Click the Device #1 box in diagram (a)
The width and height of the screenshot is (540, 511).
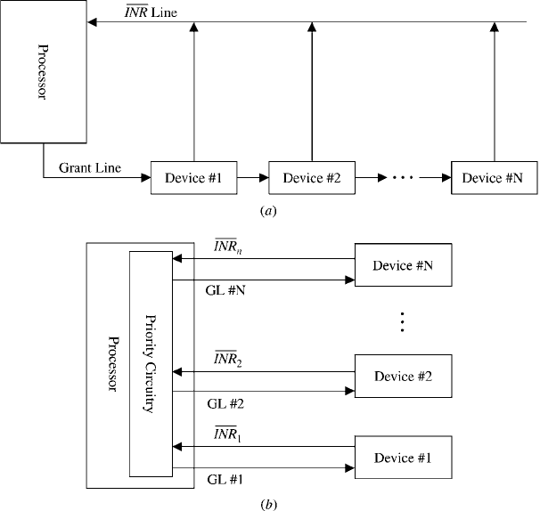194,178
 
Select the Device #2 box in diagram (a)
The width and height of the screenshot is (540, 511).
312,178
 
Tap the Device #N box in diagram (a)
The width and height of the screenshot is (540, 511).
495,178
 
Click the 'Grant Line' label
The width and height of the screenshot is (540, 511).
90,168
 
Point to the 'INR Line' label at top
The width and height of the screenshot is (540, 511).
151,12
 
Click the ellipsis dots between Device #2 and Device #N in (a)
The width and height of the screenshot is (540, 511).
403,178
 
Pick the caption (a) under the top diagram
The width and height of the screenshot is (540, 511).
268,211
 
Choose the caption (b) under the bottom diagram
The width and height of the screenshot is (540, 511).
268,505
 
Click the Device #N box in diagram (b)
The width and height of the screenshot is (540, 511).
404,265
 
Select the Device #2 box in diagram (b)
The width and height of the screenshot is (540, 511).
404,376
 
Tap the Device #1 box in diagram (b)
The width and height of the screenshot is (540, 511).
404,458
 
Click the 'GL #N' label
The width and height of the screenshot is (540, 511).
225,291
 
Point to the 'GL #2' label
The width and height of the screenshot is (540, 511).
225,404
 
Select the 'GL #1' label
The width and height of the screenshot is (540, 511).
225,479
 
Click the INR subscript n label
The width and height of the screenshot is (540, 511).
227,247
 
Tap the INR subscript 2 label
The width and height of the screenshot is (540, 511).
227,359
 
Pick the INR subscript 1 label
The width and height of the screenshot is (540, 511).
227,434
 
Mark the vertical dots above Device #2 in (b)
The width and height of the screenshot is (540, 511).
402,321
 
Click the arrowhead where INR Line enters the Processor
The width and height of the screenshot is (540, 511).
92,22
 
